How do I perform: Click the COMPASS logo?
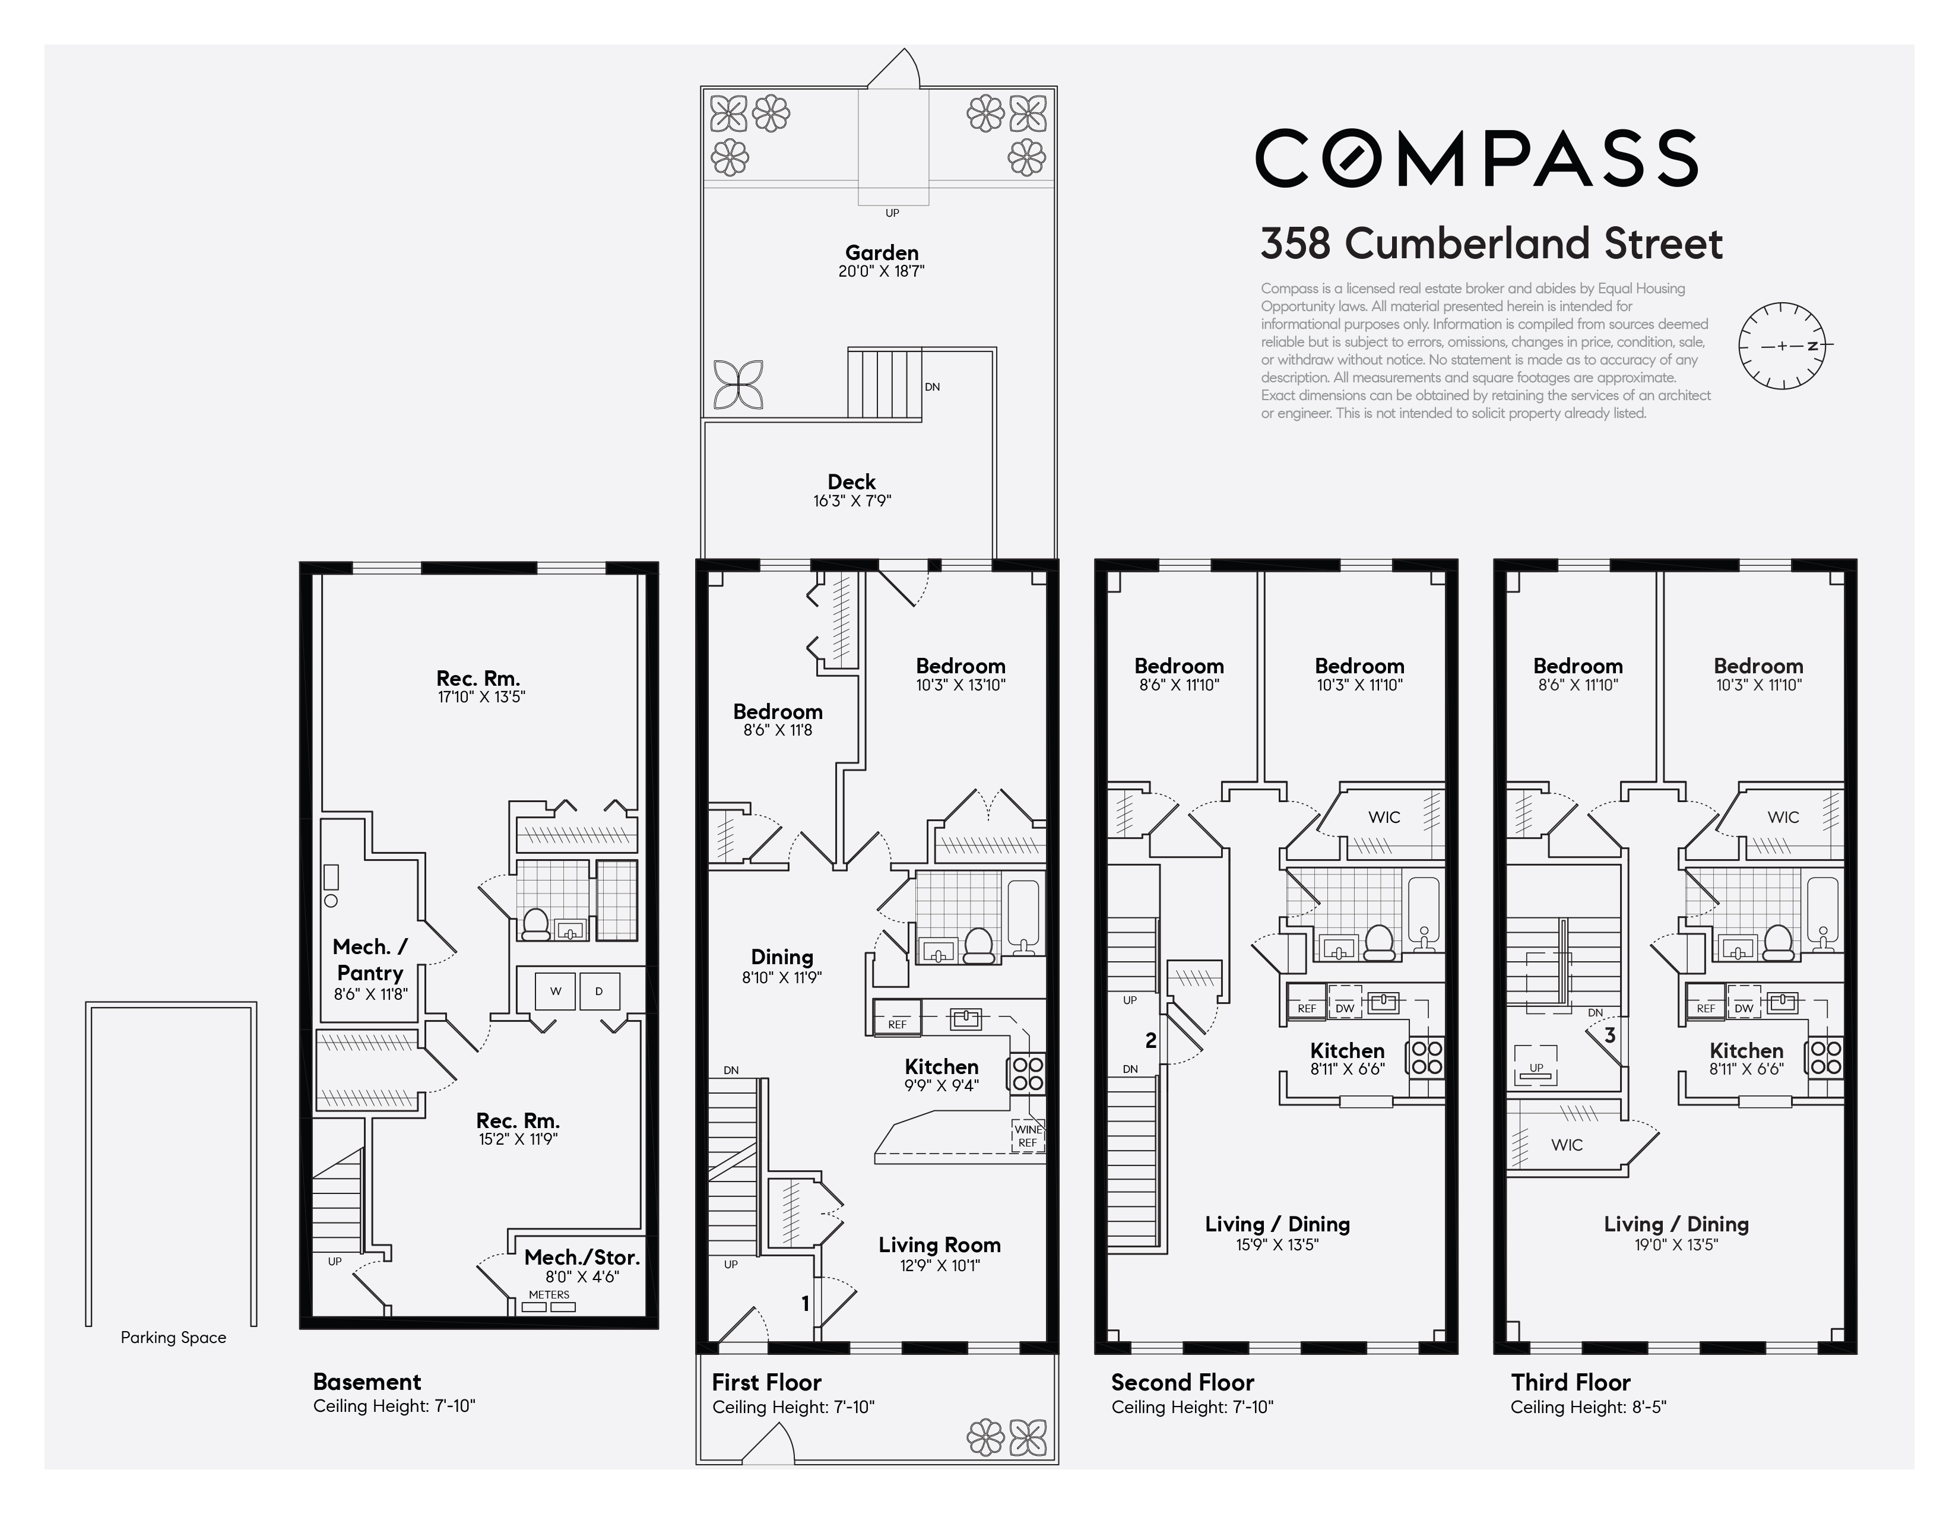[x=1476, y=158]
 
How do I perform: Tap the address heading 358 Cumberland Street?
[x=1491, y=244]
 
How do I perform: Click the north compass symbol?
[x=1782, y=346]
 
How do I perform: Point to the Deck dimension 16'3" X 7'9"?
[x=851, y=501]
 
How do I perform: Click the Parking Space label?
[x=173, y=1337]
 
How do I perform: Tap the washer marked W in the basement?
[x=555, y=991]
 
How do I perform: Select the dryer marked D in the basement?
[x=599, y=991]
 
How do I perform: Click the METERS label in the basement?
[x=549, y=1294]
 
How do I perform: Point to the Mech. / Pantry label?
[x=370, y=959]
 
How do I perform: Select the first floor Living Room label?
[x=939, y=1245]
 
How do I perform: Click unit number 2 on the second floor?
[x=1151, y=1040]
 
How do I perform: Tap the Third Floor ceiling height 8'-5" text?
[x=1587, y=1407]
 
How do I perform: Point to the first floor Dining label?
[x=781, y=957]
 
